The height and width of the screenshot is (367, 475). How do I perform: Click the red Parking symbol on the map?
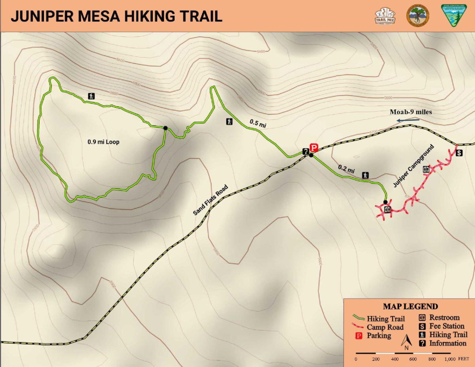point(313,148)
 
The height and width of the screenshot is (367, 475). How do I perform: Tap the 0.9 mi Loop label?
point(103,141)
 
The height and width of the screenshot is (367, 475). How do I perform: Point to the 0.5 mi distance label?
point(258,123)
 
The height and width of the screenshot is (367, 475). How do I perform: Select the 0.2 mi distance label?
point(346,169)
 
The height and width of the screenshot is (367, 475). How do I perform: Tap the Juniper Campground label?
point(414,166)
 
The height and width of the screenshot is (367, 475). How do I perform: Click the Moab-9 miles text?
point(410,112)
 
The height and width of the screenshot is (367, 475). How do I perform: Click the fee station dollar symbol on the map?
point(459,153)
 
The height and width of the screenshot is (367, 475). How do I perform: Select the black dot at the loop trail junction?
point(165,127)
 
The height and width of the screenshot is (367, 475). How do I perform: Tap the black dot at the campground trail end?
point(385,202)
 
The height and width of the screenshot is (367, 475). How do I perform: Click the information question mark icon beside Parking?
point(306,151)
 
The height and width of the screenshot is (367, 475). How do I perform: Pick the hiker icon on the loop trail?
point(92,96)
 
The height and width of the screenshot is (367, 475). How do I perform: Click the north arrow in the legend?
point(406,342)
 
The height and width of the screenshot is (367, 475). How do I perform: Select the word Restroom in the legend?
point(444,318)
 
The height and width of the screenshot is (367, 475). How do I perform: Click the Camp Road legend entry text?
point(385,327)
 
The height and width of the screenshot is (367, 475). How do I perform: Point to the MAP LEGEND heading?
point(410,306)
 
